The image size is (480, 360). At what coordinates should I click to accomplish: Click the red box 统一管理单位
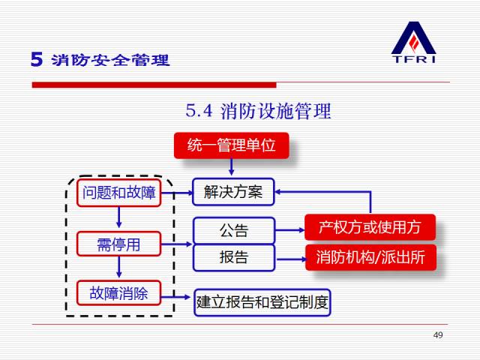pyautogui.click(x=231, y=145)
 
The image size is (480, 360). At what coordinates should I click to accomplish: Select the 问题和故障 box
pyautogui.click(x=119, y=193)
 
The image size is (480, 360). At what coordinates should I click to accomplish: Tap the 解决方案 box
pyautogui.click(x=233, y=192)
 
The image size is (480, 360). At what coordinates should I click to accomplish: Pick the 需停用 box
pyautogui.click(x=119, y=244)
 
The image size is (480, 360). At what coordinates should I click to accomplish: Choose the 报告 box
pyautogui.click(x=233, y=257)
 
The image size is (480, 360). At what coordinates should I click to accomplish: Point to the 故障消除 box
pyautogui.click(x=119, y=292)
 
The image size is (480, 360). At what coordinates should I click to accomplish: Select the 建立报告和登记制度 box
pyautogui.click(x=262, y=302)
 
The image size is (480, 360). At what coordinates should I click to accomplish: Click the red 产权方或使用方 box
pyautogui.click(x=370, y=226)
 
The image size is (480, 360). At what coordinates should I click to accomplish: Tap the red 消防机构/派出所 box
pyautogui.click(x=370, y=257)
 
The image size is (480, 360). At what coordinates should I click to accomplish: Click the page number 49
pyautogui.click(x=439, y=334)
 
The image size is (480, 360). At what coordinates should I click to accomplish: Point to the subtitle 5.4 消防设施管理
pyautogui.click(x=258, y=112)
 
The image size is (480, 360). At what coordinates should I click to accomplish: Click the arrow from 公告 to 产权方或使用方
pyautogui.click(x=289, y=229)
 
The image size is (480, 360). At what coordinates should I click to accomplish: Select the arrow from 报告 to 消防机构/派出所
pyautogui.click(x=289, y=258)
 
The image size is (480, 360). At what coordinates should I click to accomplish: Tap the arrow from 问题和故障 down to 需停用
pyautogui.click(x=119, y=218)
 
